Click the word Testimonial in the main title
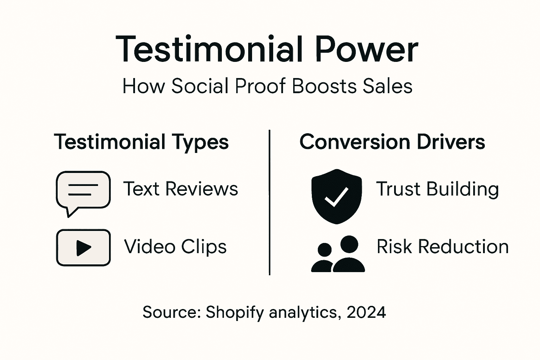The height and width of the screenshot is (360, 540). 209,49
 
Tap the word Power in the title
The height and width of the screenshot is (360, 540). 366,49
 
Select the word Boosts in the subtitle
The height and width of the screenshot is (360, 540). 325,86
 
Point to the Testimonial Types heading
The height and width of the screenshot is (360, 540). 141,142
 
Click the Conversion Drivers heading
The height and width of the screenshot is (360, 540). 392,142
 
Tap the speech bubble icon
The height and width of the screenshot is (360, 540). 83,192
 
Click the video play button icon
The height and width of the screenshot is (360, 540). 83,247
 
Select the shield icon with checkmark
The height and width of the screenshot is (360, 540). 336,196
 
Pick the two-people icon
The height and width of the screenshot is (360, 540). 338,254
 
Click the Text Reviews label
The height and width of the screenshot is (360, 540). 181,189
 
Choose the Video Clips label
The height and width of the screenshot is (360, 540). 175,246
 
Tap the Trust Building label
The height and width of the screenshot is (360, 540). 437,189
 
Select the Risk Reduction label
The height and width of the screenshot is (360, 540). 443,246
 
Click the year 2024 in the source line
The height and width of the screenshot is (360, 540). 366,312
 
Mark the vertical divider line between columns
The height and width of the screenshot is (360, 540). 269,202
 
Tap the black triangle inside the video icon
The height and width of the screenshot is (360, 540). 83,248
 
